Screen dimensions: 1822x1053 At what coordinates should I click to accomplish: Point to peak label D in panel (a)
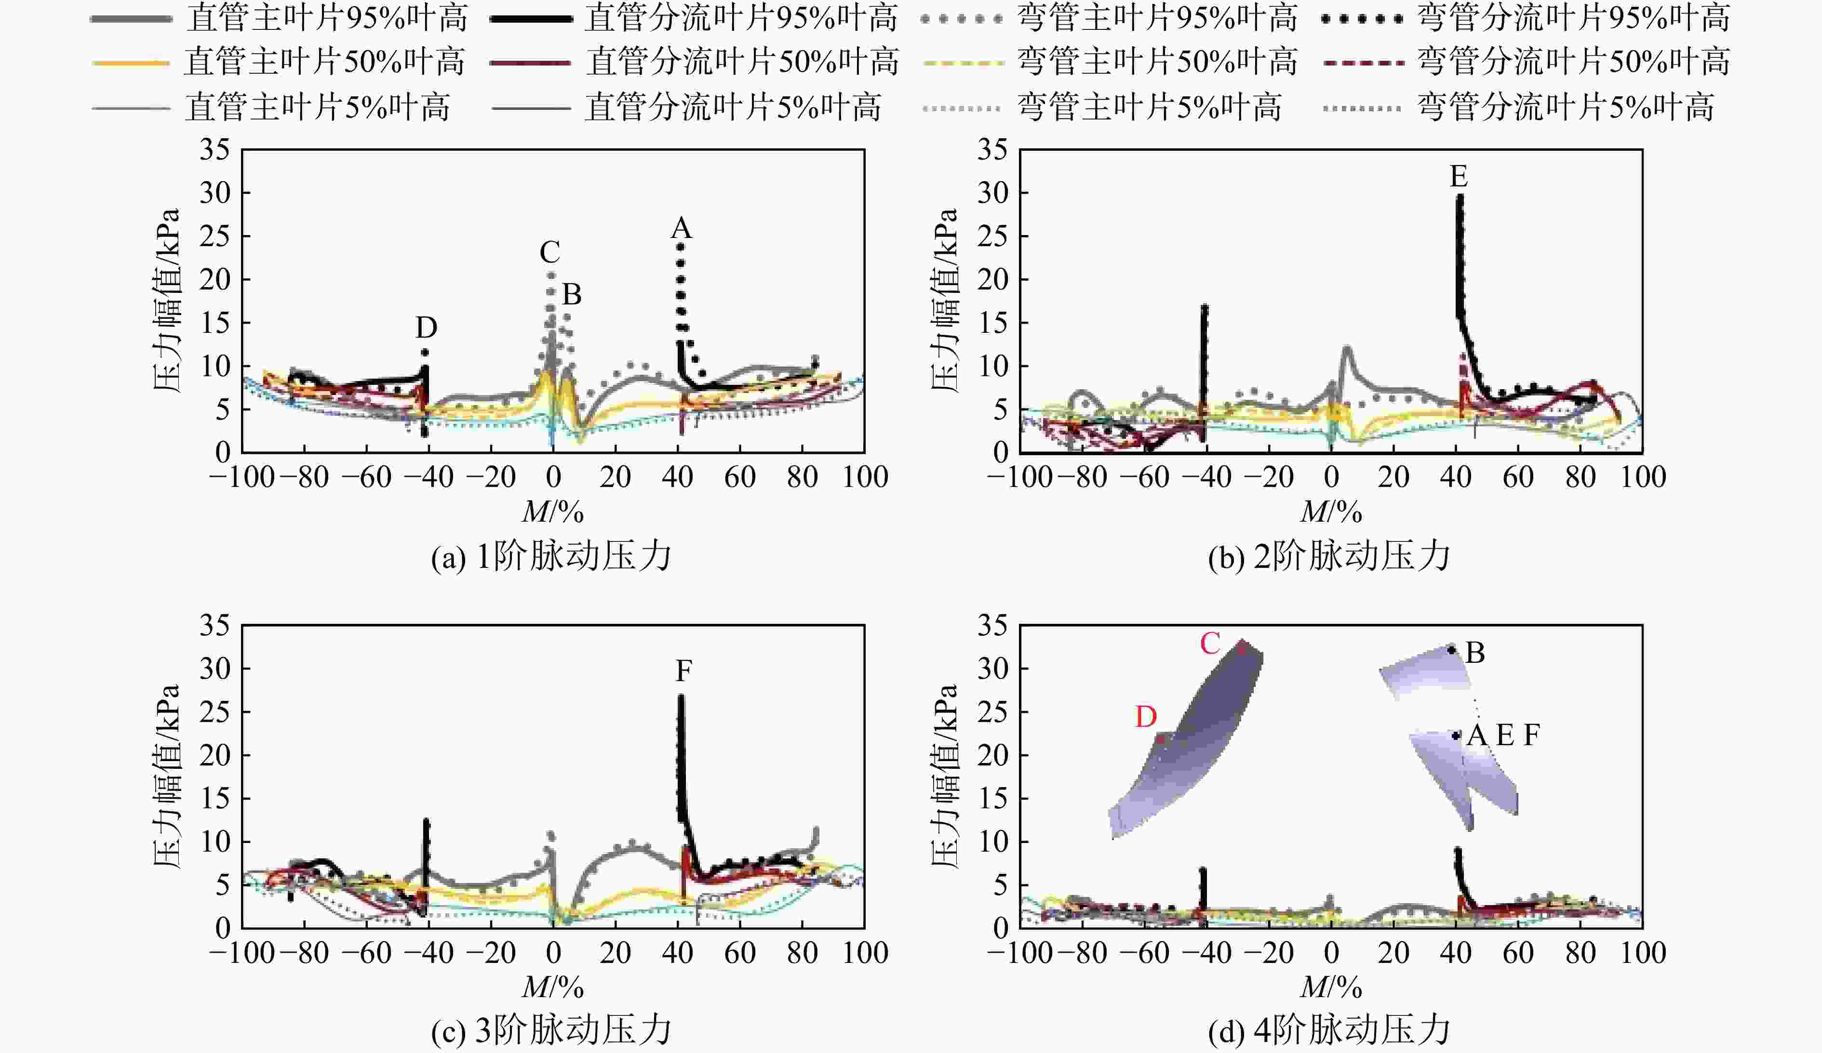pyautogui.click(x=426, y=328)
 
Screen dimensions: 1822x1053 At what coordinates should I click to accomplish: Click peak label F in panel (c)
pyautogui.click(x=683, y=671)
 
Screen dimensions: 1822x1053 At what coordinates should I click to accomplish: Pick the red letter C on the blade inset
pyautogui.click(x=1210, y=643)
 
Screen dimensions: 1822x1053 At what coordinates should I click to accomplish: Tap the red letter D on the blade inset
pyautogui.click(x=1146, y=717)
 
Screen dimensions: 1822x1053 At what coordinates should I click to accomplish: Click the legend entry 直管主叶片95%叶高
pyautogui.click(x=280, y=19)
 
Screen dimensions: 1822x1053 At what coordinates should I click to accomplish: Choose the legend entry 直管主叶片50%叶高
pyautogui.click(x=280, y=62)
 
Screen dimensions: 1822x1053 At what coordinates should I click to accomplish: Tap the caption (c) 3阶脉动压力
pyautogui.click(x=551, y=1031)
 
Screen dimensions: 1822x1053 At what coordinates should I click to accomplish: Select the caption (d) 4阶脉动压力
pyautogui.click(x=1329, y=1031)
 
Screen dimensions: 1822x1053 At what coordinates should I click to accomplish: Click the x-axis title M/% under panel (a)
pyautogui.click(x=552, y=513)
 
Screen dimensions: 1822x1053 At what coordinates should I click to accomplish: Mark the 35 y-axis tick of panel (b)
pyautogui.click(x=992, y=150)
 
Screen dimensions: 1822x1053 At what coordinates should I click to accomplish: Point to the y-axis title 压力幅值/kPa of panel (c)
pyautogui.click(x=167, y=777)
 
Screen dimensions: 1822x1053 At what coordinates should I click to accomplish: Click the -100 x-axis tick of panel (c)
pyautogui.click(x=242, y=952)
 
